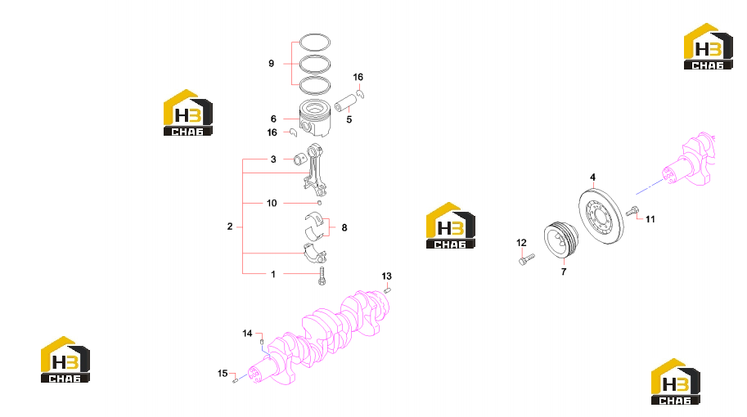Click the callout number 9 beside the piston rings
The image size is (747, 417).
271,63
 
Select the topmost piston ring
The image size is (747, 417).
315,36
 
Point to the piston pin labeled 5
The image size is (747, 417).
346,102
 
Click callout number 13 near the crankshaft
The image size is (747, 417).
386,276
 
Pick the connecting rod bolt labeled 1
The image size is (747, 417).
322,276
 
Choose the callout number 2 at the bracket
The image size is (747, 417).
230,226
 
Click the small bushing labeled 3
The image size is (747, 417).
300,159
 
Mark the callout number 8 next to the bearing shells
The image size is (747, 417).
344,227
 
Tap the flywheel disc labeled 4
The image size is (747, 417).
601,217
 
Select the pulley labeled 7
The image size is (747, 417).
561,241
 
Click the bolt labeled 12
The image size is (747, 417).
526,259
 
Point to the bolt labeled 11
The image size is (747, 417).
632,211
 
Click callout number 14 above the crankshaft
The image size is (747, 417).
247,334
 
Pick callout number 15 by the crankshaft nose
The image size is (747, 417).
223,373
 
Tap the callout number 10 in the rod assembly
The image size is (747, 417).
272,204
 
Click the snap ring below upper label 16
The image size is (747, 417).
361,94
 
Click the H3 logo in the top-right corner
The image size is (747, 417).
708,46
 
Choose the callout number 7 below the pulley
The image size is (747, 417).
564,271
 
